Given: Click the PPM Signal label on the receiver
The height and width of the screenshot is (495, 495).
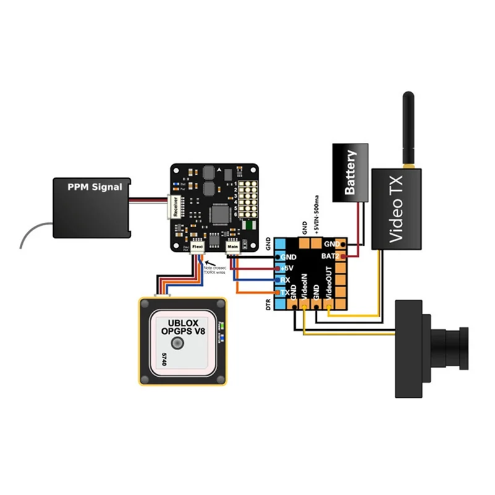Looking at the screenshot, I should pos(95,186).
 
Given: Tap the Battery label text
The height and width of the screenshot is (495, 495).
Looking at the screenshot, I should pos(351,172).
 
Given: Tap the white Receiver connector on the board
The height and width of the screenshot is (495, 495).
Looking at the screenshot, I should pos(174,207).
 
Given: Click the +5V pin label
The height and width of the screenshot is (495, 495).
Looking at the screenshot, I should pos(286,269).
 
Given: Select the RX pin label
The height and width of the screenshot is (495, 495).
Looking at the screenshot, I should pos(285,280).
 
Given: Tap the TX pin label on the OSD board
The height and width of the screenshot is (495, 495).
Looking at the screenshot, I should pos(285,292).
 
